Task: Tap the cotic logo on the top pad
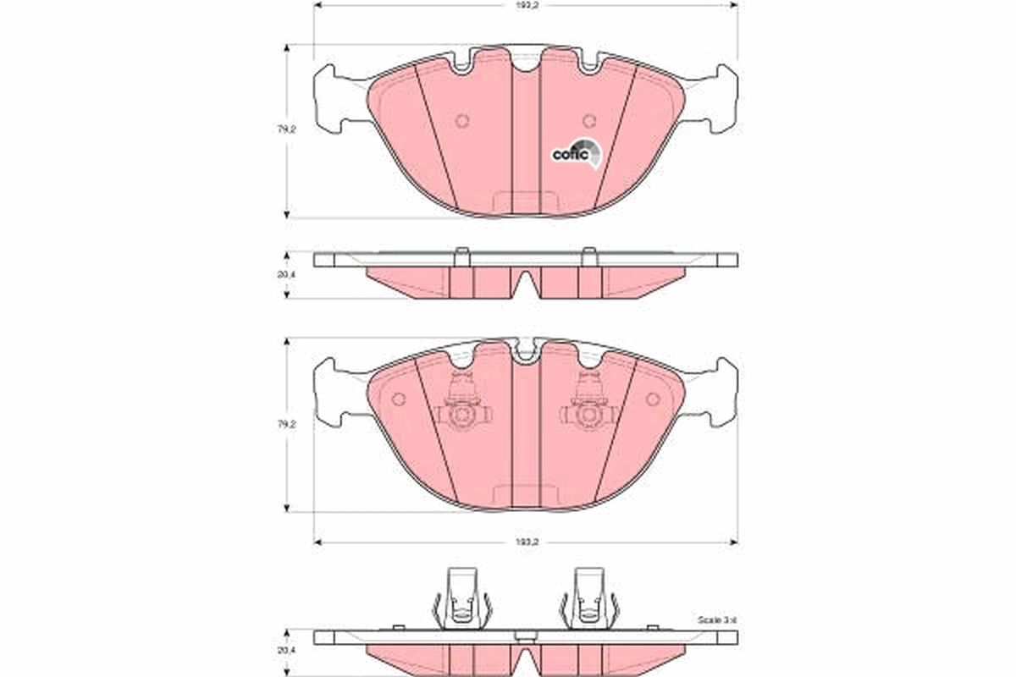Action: (x=576, y=153)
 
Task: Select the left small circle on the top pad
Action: (x=461, y=120)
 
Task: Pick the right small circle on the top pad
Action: (x=591, y=120)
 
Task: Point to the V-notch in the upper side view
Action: (x=526, y=283)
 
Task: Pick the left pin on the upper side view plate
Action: (x=461, y=254)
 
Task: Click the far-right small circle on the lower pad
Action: (x=652, y=399)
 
